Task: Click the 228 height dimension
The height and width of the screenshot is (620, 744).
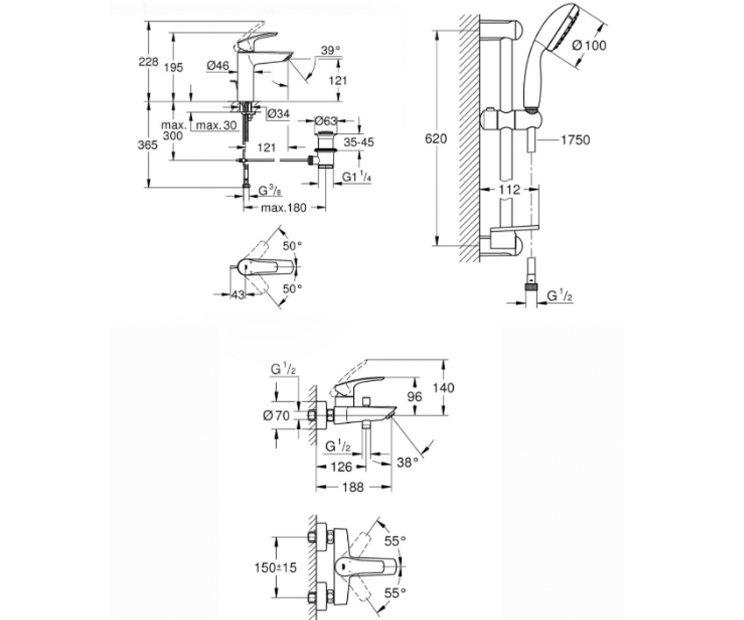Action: tap(148, 62)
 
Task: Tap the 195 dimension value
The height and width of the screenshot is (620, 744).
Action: tap(174, 68)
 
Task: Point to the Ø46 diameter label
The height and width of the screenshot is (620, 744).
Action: tap(218, 65)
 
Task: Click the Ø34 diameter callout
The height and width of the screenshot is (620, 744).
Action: tap(278, 113)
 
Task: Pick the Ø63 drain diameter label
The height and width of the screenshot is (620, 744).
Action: tap(325, 121)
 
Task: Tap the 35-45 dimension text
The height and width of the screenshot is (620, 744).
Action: tap(359, 142)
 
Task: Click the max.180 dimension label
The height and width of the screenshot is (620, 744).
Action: tap(283, 208)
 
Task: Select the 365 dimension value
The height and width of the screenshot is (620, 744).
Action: tap(148, 145)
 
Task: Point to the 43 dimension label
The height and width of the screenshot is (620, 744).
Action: tap(238, 294)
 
